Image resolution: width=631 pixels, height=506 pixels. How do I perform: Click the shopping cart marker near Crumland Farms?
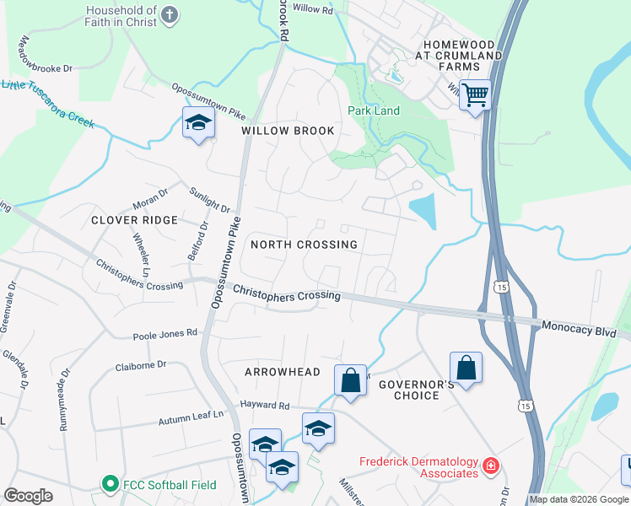477,94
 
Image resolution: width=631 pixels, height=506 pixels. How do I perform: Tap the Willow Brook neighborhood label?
288,131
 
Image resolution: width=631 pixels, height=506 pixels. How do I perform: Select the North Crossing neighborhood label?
304,244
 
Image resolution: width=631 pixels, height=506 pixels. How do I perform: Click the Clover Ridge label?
136,220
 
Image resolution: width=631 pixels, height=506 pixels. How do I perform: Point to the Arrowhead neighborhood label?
283,372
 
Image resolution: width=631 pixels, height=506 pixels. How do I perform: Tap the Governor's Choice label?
409,390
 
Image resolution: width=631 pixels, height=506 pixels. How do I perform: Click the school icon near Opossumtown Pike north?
199,123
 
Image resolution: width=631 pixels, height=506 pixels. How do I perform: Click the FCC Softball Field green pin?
109,484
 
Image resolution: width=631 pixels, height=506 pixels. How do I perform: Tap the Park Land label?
374,110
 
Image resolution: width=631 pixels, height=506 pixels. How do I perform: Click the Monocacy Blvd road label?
580,327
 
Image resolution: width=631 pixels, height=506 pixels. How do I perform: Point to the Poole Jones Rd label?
164,334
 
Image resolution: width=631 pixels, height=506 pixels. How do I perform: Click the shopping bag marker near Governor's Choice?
466,367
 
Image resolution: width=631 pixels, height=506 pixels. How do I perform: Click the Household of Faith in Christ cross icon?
170,13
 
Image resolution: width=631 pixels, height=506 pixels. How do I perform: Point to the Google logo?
28,496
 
